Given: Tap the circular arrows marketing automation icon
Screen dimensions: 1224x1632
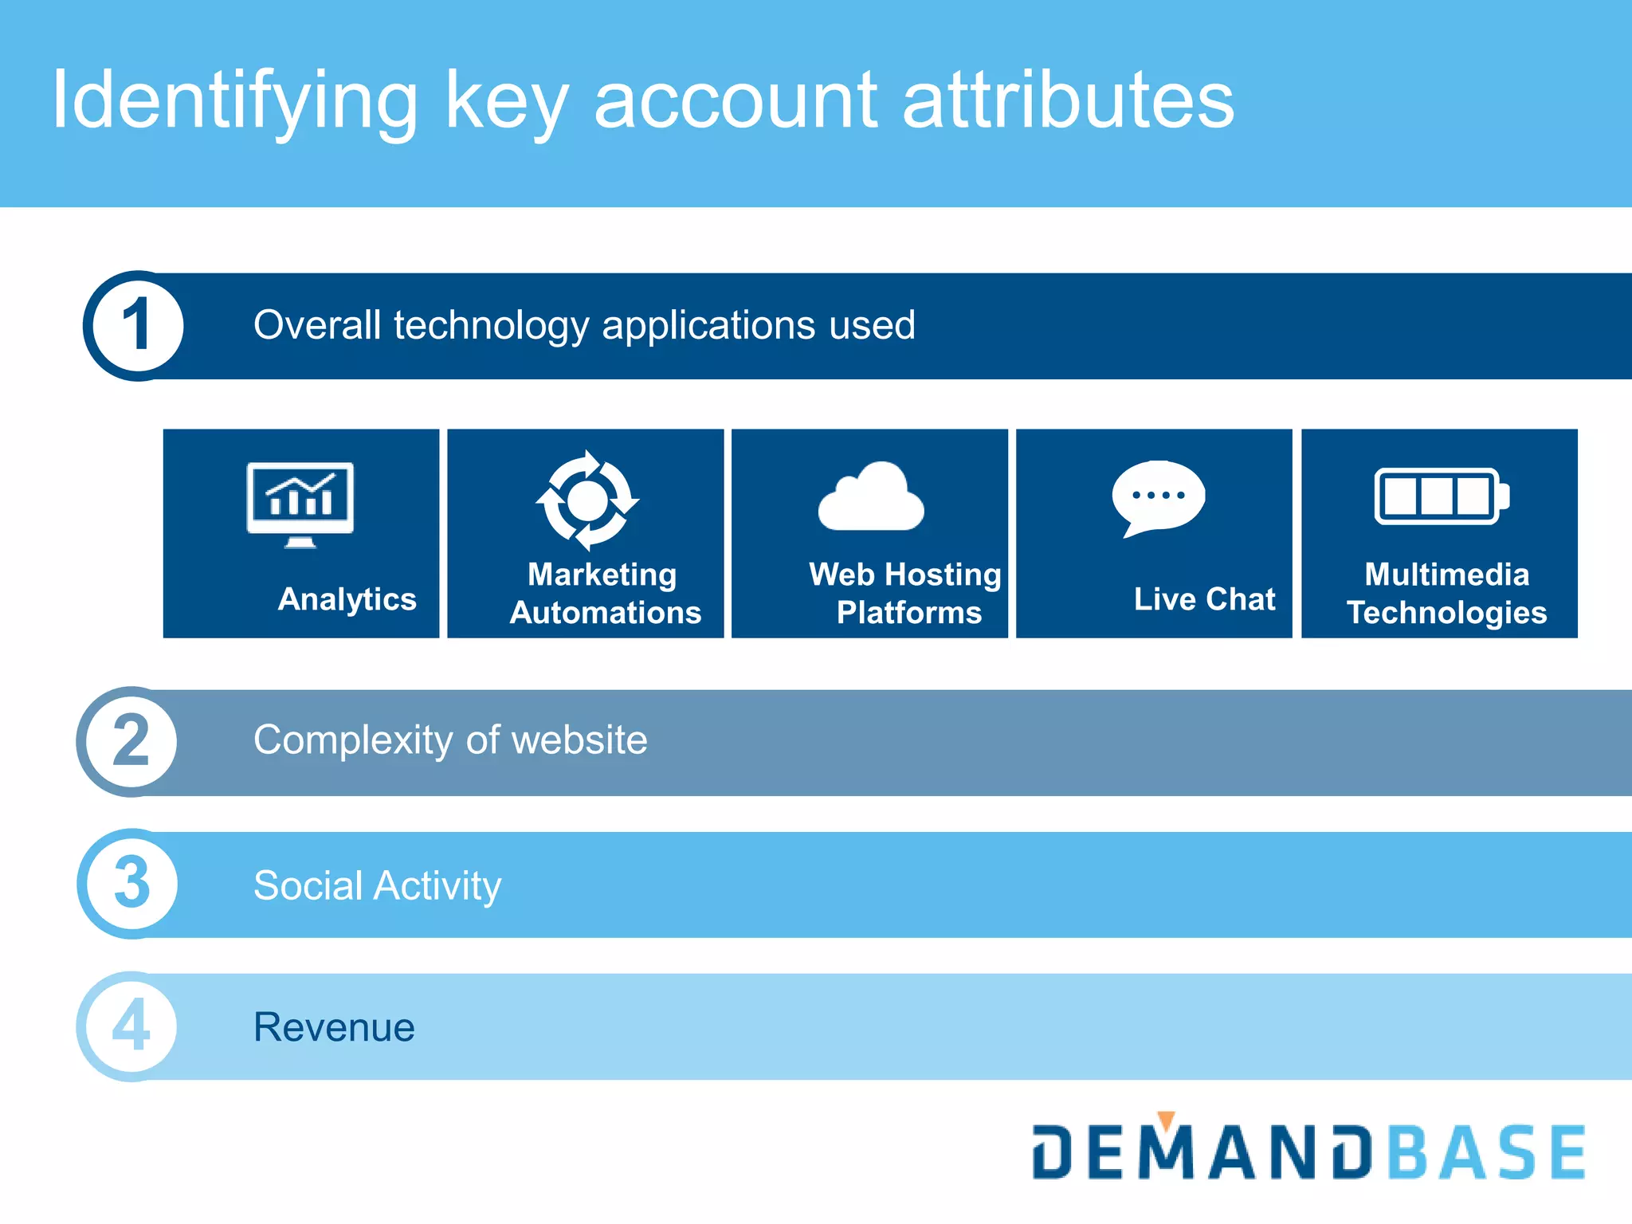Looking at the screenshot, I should point(587,500).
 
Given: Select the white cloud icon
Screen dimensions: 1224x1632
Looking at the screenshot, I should point(871,497).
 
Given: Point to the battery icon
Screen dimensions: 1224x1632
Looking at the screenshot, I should point(1441,496).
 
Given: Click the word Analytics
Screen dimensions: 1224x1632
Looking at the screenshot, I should point(347,599).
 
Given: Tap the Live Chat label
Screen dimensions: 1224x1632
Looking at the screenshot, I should point(1204,599).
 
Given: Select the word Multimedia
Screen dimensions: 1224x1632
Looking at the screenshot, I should point(1446,575).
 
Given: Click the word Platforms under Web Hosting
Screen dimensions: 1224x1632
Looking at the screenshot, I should point(908,613).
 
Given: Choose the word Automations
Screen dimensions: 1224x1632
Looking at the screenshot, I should point(606,613).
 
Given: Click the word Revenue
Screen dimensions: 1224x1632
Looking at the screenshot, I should point(334,1027).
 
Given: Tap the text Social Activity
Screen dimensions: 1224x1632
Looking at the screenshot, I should point(377,885).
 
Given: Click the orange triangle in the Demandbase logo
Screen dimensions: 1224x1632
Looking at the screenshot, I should point(1166,1120).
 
